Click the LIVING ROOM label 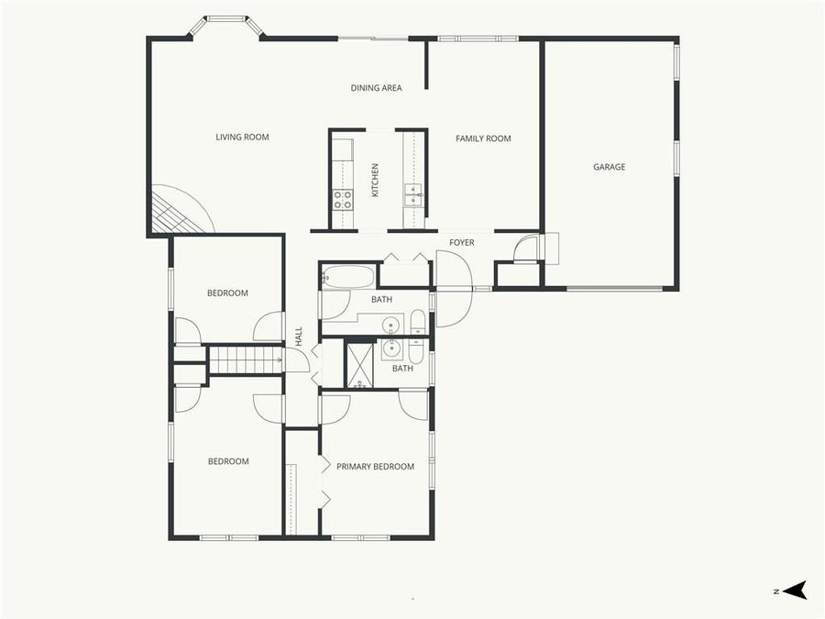tap(242, 138)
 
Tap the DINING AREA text tap(376, 88)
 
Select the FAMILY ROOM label tap(483, 138)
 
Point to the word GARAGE tap(609, 167)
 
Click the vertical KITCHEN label tap(375, 181)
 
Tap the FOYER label tap(461, 242)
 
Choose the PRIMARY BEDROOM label tap(375, 467)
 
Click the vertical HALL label tap(299, 336)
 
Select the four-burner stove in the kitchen tap(342, 199)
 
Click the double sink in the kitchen tap(413, 195)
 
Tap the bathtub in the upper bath tap(348, 276)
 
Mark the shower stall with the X tap(360, 364)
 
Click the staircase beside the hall tap(245, 359)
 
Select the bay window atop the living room tap(226, 22)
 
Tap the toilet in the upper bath tap(417, 322)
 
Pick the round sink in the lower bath tap(392, 348)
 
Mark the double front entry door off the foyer tap(453, 289)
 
